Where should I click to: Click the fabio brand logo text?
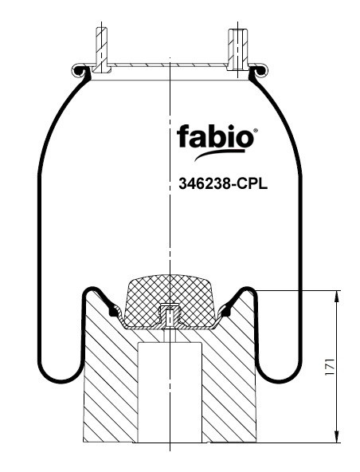point(215,137)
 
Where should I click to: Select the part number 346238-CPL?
point(223,183)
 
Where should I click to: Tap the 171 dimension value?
point(330,367)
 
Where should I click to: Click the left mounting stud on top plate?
point(101,49)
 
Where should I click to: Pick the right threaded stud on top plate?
point(237,49)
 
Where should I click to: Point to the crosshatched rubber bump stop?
point(170,301)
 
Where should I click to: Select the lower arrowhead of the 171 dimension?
point(337,436)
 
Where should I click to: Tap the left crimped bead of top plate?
point(80,71)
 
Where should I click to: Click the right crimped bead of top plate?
point(259,71)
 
